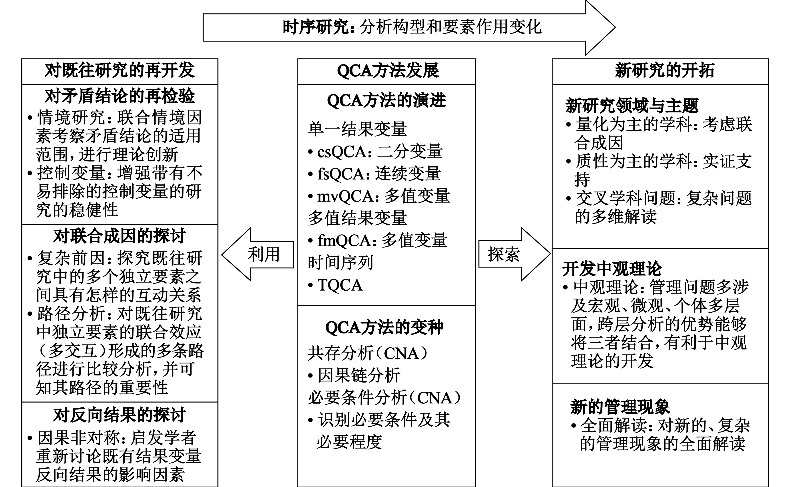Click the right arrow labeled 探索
pyautogui.click(x=515, y=254)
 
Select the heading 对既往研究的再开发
pyautogui.click(x=120, y=70)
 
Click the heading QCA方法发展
pyautogui.click(x=388, y=70)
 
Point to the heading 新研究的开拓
pyautogui.click(x=665, y=70)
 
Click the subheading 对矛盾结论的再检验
pyautogui.click(x=120, y=96)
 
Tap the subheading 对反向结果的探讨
pyautogui.click(x=120, y=415)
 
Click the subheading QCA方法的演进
pyautogui.click(x=387, y=100)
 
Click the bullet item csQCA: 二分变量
pyautogui.click(x=375, y=151)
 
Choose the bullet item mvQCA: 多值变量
pyautogui.click(x=379, y=196)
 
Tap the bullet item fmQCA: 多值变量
pyautogui.click(x=378, y=240)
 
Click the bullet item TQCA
pyautogui.click(x=335, y=285)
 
